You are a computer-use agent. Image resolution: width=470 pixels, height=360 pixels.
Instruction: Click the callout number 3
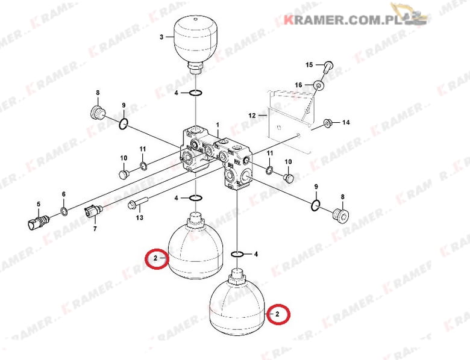(161, 37)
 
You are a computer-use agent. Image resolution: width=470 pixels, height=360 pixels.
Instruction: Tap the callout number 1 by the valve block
(218, 125)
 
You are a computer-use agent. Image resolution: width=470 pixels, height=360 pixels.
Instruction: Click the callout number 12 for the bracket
(252, 116)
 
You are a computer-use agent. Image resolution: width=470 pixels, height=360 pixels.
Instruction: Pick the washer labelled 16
(318, 86)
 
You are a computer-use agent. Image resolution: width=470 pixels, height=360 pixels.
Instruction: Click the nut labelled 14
(327, 123)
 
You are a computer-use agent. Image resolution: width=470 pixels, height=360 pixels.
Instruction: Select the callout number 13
(140, 217)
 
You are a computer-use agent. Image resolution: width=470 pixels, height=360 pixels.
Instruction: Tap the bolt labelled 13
(138, 203)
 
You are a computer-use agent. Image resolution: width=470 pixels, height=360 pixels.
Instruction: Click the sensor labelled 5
(39, 221)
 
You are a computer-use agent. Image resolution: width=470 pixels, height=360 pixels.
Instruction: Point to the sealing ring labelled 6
(64, 211)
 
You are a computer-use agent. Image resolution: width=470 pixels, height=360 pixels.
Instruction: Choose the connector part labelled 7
(93, 211)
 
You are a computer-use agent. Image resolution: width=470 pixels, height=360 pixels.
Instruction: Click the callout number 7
(95, 229)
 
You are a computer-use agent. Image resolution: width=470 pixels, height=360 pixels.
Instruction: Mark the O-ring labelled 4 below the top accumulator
(196, 93)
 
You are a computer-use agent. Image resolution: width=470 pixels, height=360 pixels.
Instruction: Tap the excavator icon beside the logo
(409, 13)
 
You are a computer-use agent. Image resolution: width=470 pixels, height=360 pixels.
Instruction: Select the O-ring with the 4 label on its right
(237, 254)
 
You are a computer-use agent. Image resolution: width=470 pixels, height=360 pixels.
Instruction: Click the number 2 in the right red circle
(277, 314)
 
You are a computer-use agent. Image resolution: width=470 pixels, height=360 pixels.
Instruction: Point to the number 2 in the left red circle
(155, 258)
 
